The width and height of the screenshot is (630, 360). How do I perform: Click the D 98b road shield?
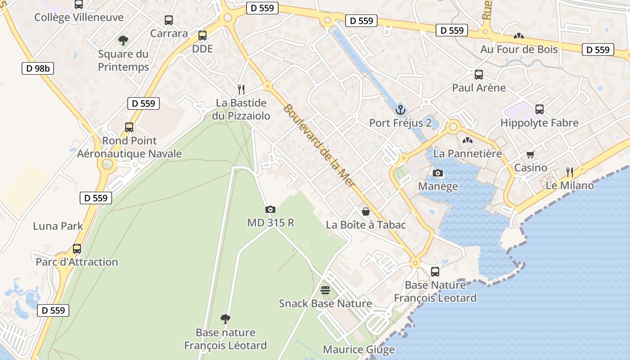coord(38,68)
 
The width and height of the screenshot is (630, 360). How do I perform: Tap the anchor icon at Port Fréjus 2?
coord(400,109)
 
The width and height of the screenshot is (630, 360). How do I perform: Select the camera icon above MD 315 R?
coord(270,209)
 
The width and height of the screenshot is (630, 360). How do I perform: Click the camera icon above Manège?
coord(437,173)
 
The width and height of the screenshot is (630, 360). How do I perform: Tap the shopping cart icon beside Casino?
coord(531,155)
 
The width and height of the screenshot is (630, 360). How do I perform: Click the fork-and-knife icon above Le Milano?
coord(569,172)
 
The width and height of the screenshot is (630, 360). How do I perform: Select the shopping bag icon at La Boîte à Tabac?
coord(366,211)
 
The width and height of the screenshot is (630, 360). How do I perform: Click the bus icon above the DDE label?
coord(202,35)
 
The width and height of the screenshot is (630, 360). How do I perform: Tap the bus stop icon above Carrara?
coord(169,20)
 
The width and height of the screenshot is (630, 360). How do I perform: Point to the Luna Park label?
coord(58,226)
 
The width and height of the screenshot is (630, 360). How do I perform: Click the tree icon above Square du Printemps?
coord(123,40)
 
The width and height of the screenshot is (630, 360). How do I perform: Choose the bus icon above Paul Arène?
coord(479,75)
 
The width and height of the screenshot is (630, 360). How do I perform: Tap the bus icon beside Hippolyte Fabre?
coord(540,109)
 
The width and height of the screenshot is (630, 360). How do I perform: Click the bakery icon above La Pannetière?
coord(468,140)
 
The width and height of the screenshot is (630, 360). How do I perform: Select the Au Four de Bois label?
coord(519,49)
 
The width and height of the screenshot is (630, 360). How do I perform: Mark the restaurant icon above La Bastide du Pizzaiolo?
coord(241,89)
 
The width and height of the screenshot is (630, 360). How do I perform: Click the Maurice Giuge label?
coord(359,350)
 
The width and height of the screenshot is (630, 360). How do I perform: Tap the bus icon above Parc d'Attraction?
coord(77,249)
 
